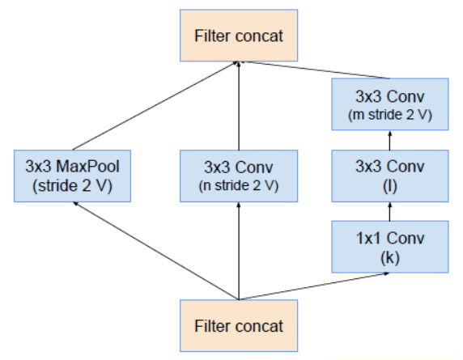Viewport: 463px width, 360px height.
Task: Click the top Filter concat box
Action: [239, 36]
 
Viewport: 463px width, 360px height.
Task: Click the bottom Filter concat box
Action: [239, 325]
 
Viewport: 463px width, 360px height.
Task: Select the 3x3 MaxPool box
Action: [74, 175]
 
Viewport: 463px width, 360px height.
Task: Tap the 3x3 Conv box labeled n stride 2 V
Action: [239, 175]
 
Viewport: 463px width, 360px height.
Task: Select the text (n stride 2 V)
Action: [239, 184]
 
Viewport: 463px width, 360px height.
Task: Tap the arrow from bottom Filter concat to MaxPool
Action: [154, 250]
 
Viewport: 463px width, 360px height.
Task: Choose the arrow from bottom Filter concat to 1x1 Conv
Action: [316, 286]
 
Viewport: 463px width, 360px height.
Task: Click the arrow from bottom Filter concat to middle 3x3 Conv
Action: [239, 251]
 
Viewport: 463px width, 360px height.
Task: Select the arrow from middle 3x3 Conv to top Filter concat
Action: [239, 105]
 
